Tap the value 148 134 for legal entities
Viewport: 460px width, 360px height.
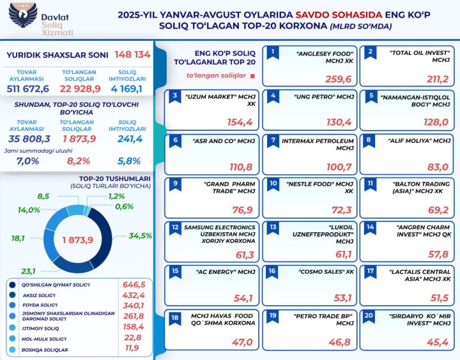point(132,55)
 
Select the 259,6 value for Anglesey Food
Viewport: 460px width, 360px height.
point(339,79)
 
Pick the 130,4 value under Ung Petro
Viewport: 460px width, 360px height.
point(339,123)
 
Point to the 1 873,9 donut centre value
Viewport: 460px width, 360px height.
point(78,239)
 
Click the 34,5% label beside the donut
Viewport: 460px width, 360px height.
point(141,236)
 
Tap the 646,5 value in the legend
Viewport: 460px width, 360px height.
point(134,284)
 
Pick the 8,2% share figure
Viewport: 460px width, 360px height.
point(79,161)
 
